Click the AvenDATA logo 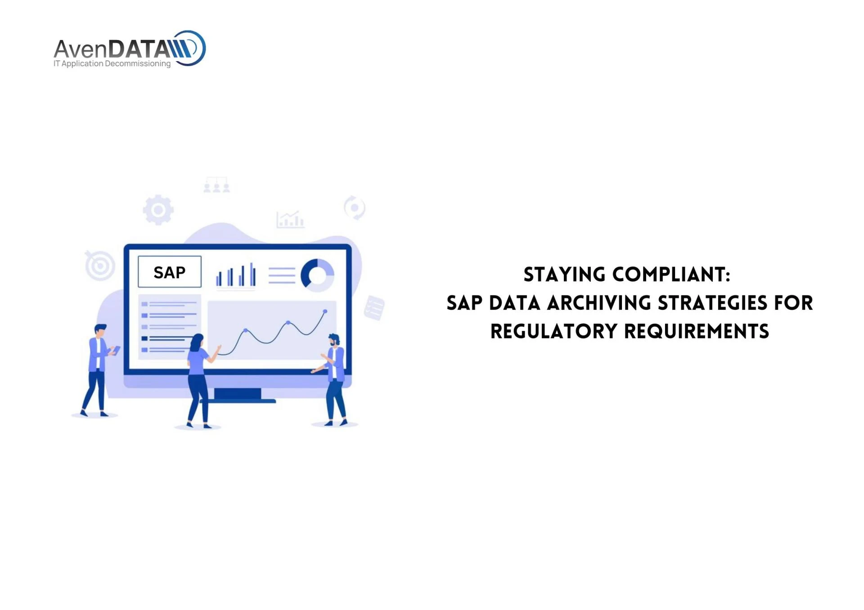click(x=130, y=48)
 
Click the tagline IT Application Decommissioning click(x=112, y=63)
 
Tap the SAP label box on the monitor click(x=169, y=272)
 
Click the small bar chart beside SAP click(x=236, y=275)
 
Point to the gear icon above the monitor click(x=158, y=209)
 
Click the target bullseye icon click(x=100, y=265)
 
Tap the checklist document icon click(x=374, y=308)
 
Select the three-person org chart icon click(x=216, y=185)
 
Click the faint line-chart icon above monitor click(x=290, y=219)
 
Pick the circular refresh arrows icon click(x=355, y=208)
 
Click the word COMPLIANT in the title click(x=671, y=275)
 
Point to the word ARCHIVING click(x=599, y=303)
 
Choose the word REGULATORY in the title click(x=553, y=331)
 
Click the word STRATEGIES click(x=712, y=303)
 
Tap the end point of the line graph click(x=325, y=311)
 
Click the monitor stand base click(x=238, y=400)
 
